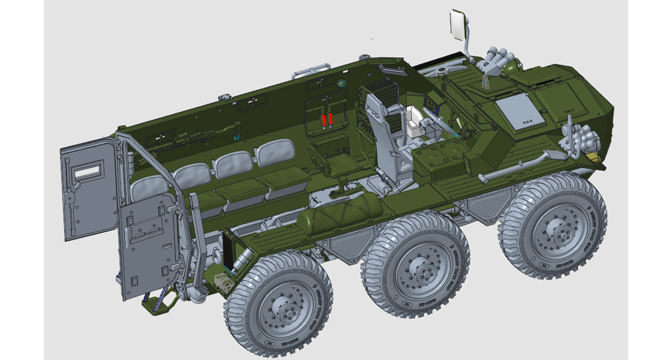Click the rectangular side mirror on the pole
point(460,25)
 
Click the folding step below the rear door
point(157,302)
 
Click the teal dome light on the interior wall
point(343,82)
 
